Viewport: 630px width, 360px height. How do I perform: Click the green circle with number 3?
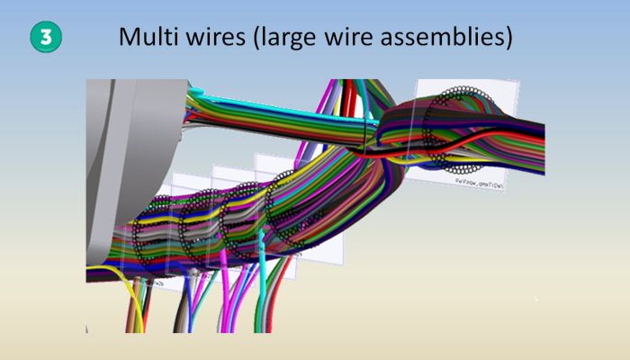pyautogui.click(x=45, y=37)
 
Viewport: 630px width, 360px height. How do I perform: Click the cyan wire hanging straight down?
pyautogui.click(x=262, y=288)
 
